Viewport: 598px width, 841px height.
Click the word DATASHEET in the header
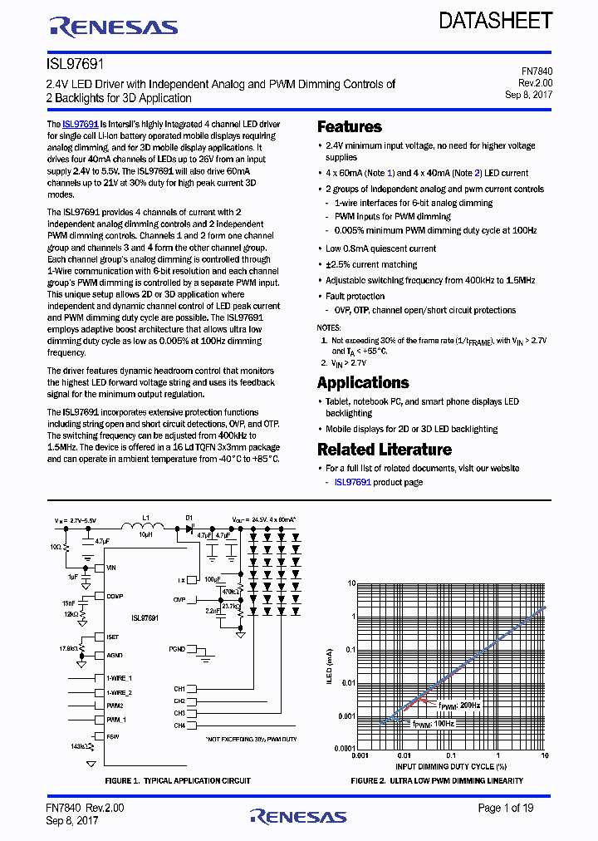tap(496, 21)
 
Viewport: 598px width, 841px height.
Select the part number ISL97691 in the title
tap(75, 63)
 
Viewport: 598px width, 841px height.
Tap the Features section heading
tap(350, 127)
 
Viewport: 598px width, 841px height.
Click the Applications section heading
tap(363, 383)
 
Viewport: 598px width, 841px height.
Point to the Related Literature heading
tap(385, 450)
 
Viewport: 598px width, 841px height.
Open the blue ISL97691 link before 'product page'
tap(352, 482)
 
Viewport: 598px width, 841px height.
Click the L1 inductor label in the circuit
tap(146, 517)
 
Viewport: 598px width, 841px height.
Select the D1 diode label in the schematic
tap(189, 517)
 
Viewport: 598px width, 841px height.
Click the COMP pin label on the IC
tap(115, 596)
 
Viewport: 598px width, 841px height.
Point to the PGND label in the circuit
tap(176, 648)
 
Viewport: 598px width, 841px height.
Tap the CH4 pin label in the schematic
tap(179, 725)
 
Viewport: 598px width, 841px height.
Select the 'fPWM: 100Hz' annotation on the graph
tap(434, 724)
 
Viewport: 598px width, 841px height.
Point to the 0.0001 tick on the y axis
tap(345, 749)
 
